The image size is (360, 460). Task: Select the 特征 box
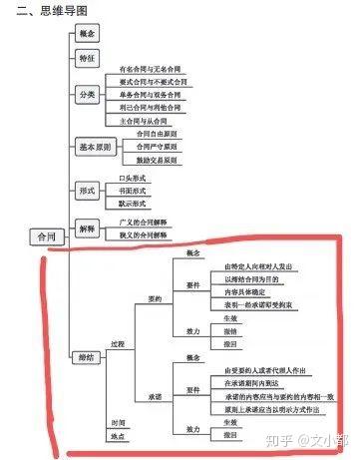click(87, 58)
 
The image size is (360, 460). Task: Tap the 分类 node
click(87, 93)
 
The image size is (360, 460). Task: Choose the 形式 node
click(87, 190)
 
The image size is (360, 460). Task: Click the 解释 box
click(87, 228)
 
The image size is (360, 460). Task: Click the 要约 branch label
click(154, 298)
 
